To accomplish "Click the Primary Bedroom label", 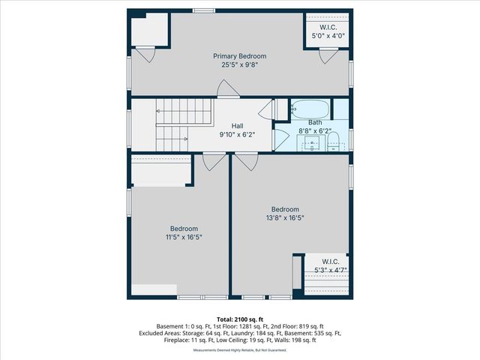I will pos(239,56).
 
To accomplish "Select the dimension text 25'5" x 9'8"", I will pos(239,65).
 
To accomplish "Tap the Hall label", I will pos(237,126).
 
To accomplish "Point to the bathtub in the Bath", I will pos(310,107).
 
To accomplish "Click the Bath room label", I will pos(315,122).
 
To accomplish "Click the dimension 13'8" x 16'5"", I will pos(285,218).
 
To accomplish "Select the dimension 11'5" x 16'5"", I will pos(184,237).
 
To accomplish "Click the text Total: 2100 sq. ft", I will pos(239,319).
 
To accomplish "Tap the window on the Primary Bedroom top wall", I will pos(202,10).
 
